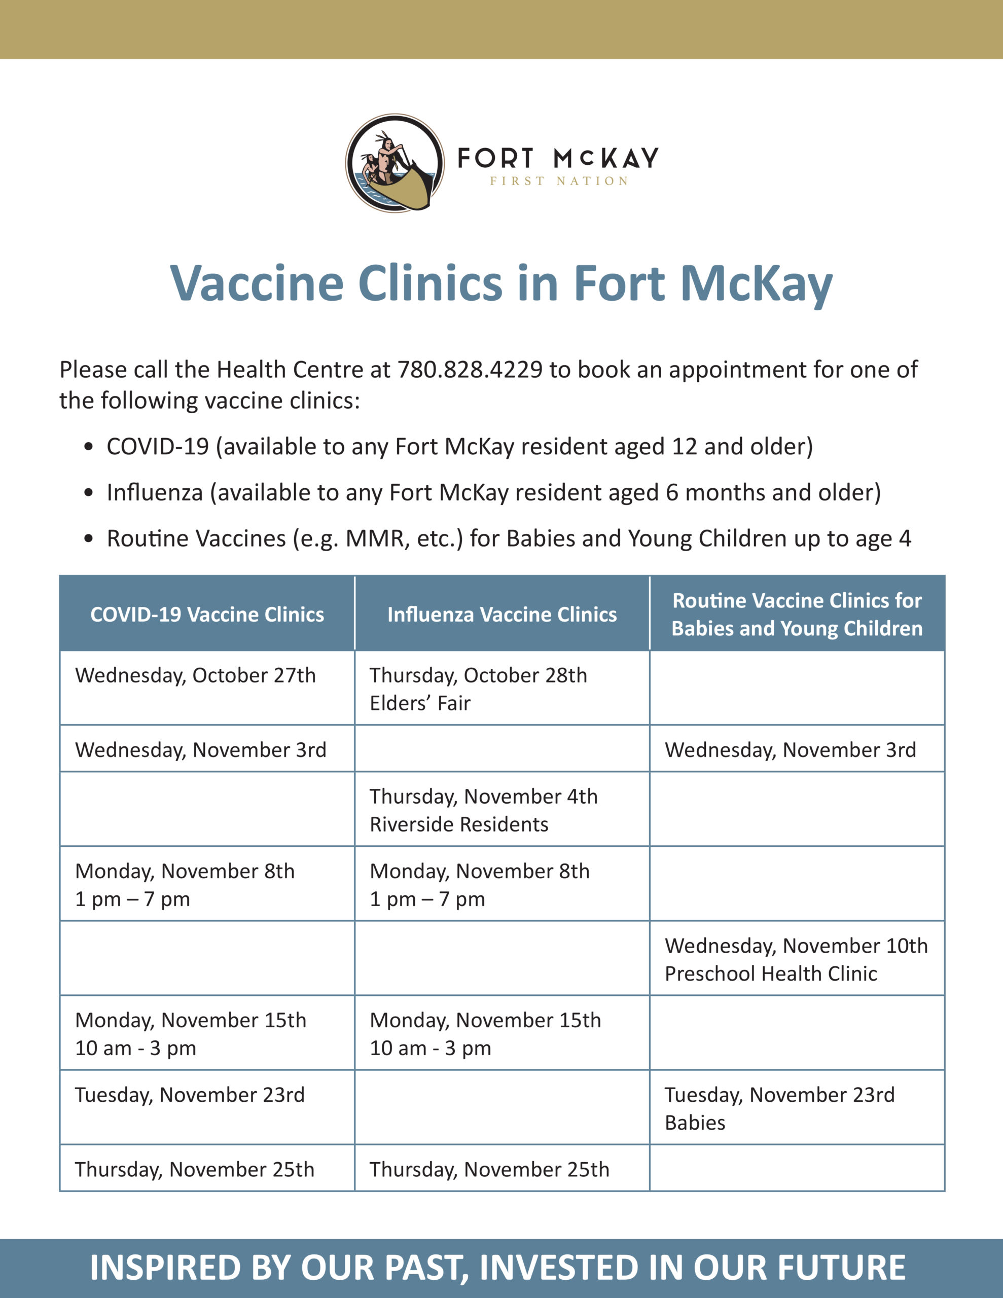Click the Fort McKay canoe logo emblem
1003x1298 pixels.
pyautogui.click(x=395, y=163)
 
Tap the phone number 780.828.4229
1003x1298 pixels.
pyautogui.click(x=470, y=370)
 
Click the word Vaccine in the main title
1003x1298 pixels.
pyautogui.click(x=257, y=283)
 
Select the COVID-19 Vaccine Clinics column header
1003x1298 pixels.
pyautogui.click(x=207, y=614)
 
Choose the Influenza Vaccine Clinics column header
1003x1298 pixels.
pyautogui.click(x=502, y=614)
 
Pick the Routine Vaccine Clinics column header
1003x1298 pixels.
pyautogui.click(x=797, y=614)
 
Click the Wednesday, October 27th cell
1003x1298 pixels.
pyautogui.click(x=195, y=676)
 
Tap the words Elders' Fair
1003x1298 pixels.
pyautogui.click(x=420, y=703)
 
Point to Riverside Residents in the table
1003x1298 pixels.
pyautogui.click(x=459, y=824)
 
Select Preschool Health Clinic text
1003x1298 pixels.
pyautogui.click(x=771, y=974)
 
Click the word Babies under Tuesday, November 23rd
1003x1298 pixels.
pyautogui.click(x=695, y=1123)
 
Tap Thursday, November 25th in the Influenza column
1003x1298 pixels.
pyautogui.click(x=489, y=1170)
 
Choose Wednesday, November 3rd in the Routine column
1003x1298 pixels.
pyautogui.click(x=790, y=750)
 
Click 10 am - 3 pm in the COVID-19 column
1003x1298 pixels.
pyautogui.click(x=135, y=1048)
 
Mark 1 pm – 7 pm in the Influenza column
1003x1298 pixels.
pyautogui.click(x=427, y=898)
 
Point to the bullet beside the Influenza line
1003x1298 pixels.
pyautogui.click(x=89, y=493)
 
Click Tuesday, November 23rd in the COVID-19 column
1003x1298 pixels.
pyautogui.click(x=190, y=1095)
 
